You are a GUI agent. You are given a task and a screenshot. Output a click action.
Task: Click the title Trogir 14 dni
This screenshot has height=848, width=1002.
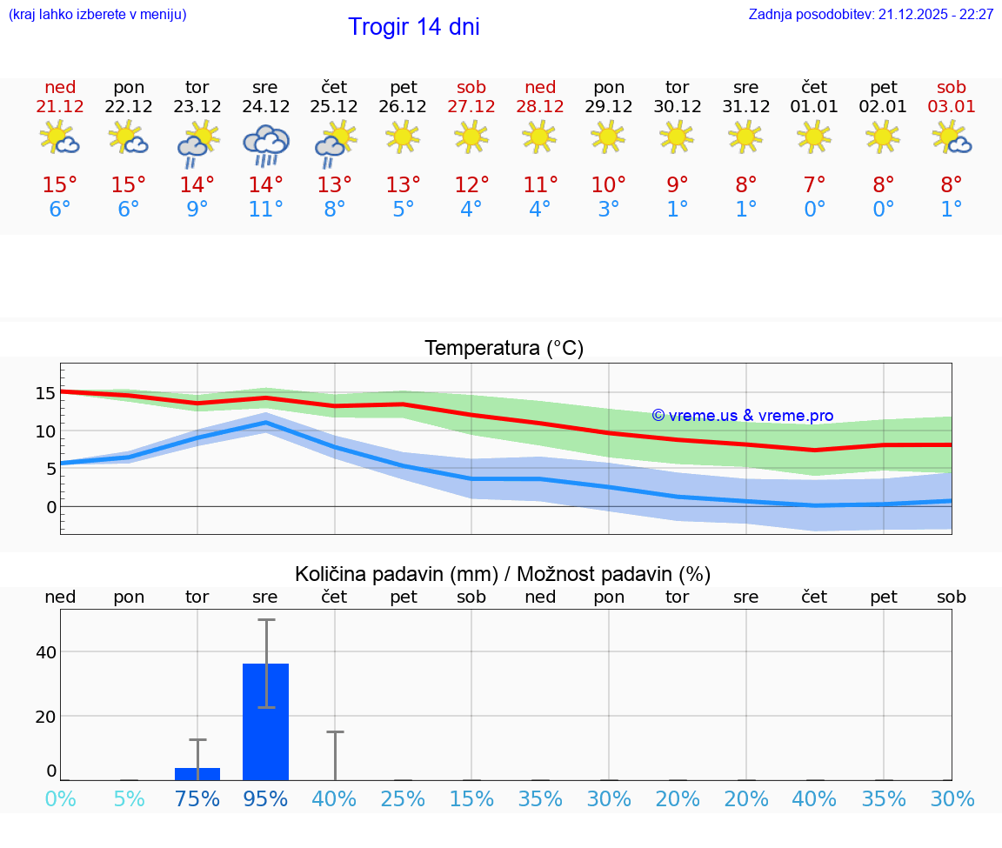coord(414,27)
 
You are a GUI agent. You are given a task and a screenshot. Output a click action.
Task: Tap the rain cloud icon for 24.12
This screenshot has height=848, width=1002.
coord(265,144)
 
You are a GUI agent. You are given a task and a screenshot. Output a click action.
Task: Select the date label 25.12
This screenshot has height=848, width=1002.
coord(334,106)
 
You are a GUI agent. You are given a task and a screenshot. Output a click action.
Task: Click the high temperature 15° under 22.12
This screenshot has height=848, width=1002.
coord(129,184)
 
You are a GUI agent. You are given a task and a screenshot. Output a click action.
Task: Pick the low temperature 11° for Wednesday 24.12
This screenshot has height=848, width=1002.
coord(265,209)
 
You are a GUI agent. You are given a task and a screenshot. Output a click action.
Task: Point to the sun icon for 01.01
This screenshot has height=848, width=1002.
coord(814,136)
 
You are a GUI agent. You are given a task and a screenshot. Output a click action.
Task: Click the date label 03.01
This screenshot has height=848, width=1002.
coord(952,106)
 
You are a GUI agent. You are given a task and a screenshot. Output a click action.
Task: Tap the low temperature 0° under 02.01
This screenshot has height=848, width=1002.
coord(883,209)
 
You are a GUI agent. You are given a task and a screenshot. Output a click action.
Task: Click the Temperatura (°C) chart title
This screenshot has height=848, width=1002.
coord(504,349)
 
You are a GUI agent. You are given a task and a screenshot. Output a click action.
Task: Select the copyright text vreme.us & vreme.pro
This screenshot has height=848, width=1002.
coord(743,416)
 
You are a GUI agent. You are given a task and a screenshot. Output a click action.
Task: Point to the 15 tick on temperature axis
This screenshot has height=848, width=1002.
coord(45,393)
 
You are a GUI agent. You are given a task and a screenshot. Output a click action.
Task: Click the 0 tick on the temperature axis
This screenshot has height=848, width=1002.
coord(50,506)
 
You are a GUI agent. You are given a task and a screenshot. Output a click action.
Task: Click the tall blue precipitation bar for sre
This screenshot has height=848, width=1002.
coord(265,722)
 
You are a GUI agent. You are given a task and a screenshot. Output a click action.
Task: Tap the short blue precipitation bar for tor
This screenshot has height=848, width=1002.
coord(197,774)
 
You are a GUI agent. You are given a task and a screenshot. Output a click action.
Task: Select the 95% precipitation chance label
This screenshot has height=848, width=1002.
coord(265,798)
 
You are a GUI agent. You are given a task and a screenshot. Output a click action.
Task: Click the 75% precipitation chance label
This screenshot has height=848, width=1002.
coord(197,798)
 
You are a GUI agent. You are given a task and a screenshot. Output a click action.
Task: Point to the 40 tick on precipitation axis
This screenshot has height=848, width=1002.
coord(45,652)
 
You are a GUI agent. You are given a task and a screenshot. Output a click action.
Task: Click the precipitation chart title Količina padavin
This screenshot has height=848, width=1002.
coord(503,574)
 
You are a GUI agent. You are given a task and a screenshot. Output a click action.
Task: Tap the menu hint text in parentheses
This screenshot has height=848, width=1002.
coord(97,14)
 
